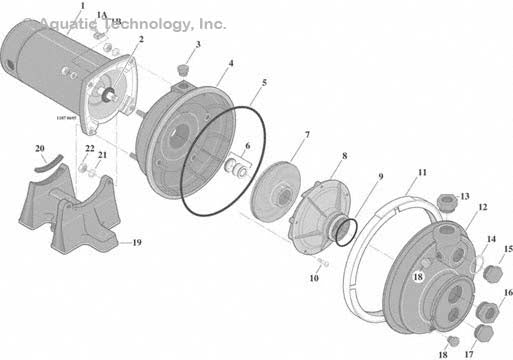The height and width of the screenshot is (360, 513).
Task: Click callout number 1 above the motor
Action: [x=82, y=7]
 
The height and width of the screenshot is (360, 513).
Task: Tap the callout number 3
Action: [x=197, y=44]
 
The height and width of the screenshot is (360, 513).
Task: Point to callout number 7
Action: [x=306, y=134]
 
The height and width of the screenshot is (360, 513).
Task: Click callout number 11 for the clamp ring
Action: [x=422, y=172]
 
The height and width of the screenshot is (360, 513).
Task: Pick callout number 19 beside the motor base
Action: [x=137, y=241]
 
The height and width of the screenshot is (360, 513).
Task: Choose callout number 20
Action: [x=40, y=150]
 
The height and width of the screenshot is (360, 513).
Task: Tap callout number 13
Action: [x=464, y=196]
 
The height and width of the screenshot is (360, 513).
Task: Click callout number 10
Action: [x=314, y=279]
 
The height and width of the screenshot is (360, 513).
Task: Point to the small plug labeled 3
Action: [x=183, y=69]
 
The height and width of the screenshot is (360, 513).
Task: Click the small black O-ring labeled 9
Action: [x=343, y=232]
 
